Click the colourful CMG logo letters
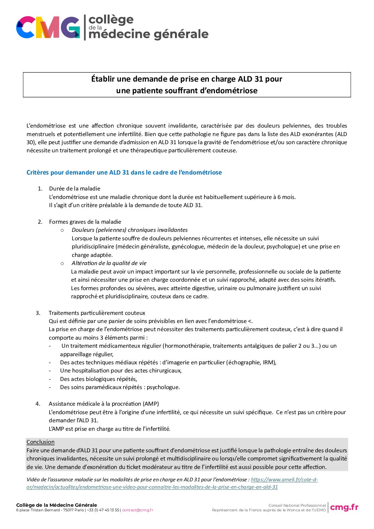click(48, 27)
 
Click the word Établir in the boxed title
click(103, 79)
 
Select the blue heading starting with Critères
click(124, 172)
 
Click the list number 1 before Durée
click(40, 189)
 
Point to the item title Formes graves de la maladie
click(85, 222)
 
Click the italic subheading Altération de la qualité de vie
click(109, 263)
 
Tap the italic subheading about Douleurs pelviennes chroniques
click(129, 230)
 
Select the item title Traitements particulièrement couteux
click(97, 313)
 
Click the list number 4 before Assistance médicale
click(38, 404)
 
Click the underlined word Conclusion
click(40, 442)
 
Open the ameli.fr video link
click(152, 487)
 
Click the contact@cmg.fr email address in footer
click(138, 510)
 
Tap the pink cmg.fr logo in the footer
click(344, 507)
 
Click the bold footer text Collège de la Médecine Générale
click(57, 505)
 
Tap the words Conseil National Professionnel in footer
click(297, 506)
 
